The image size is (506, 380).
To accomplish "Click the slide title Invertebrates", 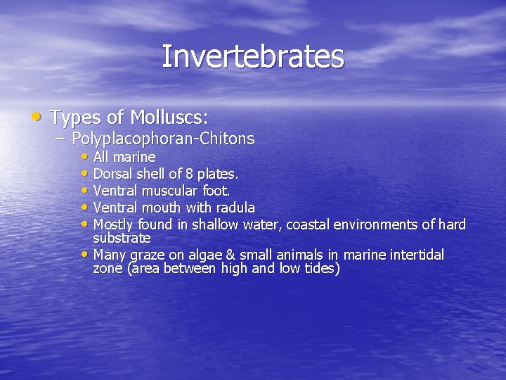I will (x=253, y=57).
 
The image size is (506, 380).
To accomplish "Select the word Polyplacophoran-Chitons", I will (x=163, y=139).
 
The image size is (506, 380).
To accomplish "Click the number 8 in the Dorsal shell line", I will (x=182, y=174).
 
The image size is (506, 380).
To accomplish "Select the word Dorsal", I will (x=114, y=174).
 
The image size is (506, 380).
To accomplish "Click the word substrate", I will (x=122, y=238).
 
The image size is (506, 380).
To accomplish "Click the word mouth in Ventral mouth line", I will (x=163, y=208).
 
